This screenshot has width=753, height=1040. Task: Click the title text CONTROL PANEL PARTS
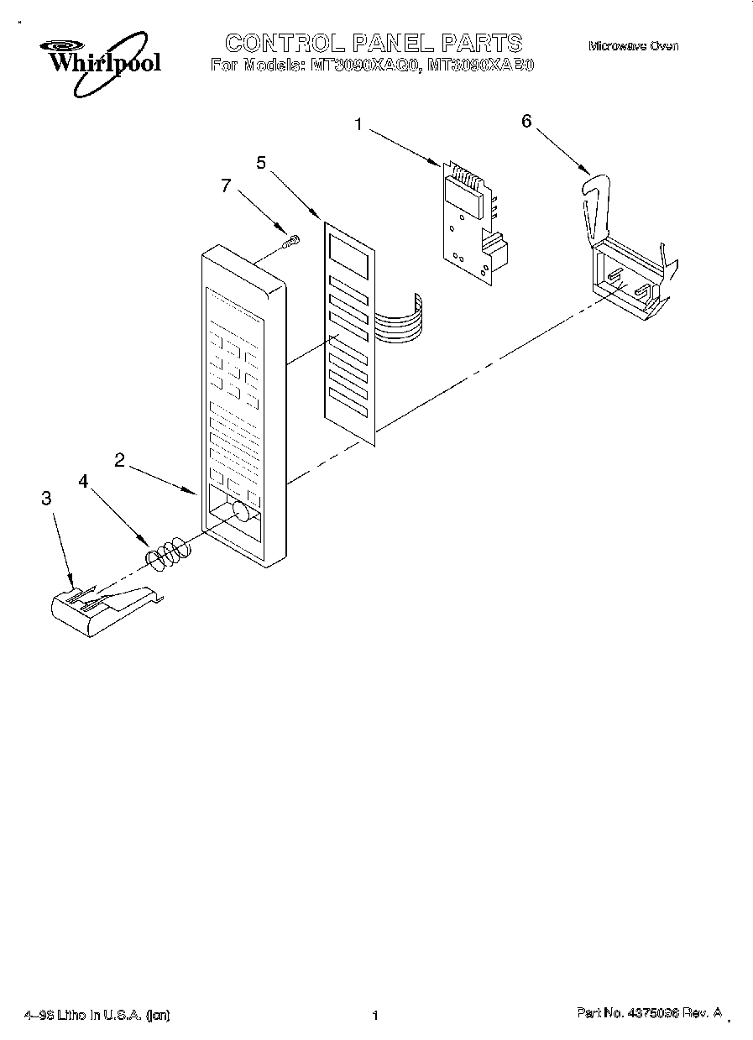[x=374, y=42]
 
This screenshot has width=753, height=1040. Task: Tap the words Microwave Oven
[x=632, y=46]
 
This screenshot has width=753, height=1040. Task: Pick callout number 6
[x=526, y=121]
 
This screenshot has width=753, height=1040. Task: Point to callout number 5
[x=261, y=163]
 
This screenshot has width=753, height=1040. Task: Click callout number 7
[x=224, y=186]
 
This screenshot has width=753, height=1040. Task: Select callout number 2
[x=120, y=459]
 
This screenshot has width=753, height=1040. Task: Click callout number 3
[x=46, y=498]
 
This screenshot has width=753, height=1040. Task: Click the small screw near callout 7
[x=291, y=241]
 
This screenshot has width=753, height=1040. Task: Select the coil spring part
[x=169, y=552]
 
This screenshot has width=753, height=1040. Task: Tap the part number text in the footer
[x=648, y=1014]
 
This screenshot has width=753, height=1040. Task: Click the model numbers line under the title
[x=372, y=65]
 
